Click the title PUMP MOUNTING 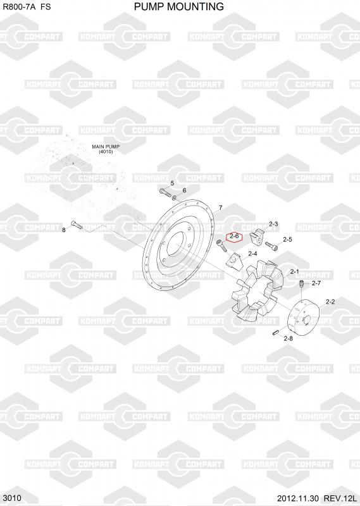[179, 6]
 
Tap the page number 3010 [12, 498]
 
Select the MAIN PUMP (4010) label [106, 149]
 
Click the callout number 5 [172, 183]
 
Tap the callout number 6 [184, 190]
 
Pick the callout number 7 [221, 207]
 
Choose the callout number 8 [64, 230]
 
